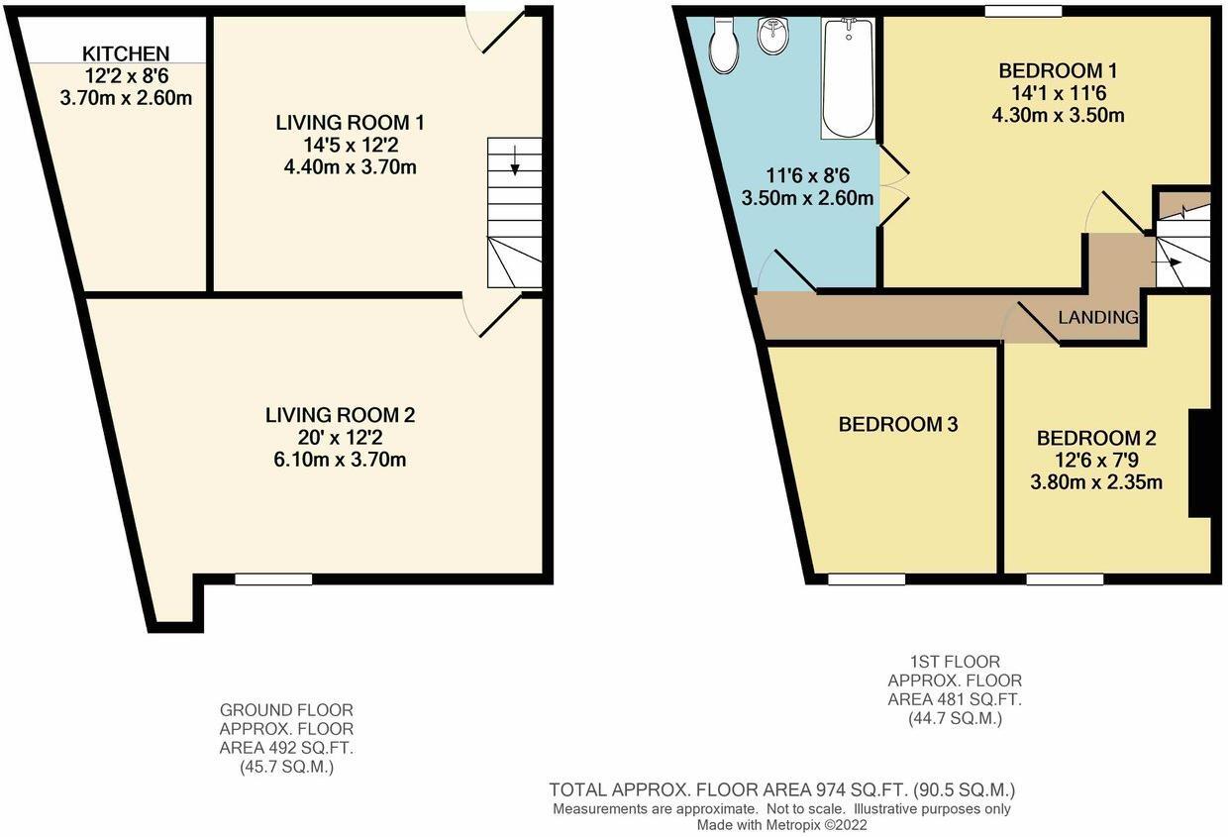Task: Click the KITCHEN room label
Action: (x=125, y=53)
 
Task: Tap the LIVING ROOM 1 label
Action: (x=351, y=123)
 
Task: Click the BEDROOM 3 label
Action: (x=898, y=425)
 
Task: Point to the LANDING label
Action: (x=1098, y=318)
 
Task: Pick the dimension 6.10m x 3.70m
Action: (x=340, y=460)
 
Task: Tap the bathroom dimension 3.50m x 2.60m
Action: (x=808, y=198)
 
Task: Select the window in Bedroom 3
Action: (x=867, y=579)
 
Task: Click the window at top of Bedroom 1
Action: (x=1023, y=11)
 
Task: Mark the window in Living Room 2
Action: (x=273, y=579)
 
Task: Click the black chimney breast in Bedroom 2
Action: (x=1199, y=463)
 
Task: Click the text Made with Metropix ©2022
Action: (x=781, y=824)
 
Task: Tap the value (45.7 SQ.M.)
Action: (x=286, y=766)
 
